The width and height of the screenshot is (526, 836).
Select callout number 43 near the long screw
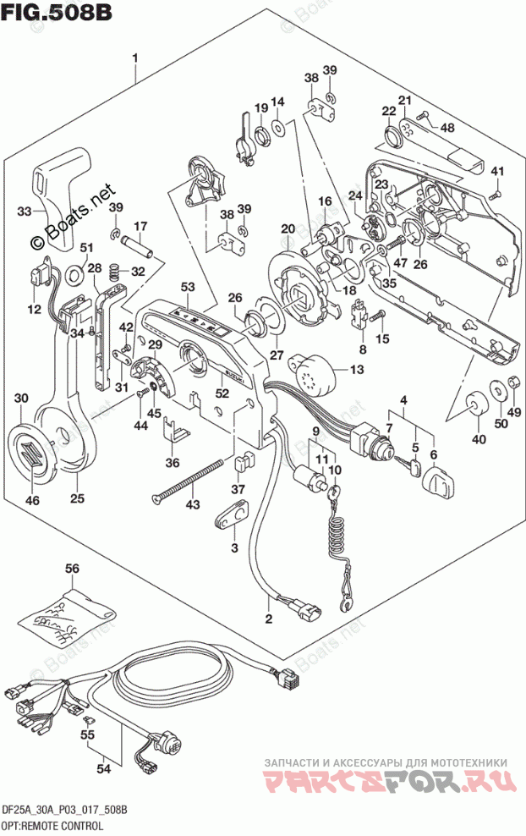(194, 505)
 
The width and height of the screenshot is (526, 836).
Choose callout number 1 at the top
(135, 58)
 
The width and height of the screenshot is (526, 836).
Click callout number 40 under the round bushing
(479, 439)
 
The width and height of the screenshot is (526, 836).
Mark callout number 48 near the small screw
(447, 128)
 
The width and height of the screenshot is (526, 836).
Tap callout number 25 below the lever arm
(78, 498)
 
